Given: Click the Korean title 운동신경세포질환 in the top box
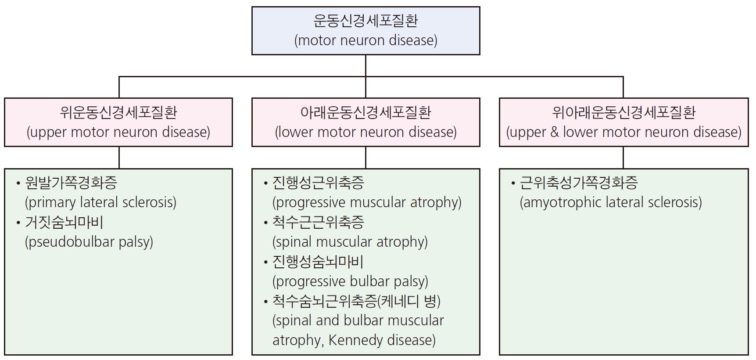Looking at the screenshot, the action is (x=365, y=21).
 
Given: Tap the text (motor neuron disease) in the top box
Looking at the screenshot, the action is (x=365, y=40).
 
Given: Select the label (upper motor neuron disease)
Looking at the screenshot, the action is (x=118, y=132).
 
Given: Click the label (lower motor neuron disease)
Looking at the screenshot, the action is (x=365, y=132).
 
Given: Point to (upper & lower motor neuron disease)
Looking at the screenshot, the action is (x=623, y=132).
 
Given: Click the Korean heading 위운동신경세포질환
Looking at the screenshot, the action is (x=118, y=112).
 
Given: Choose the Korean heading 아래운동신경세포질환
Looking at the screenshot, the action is (x=365, y=112).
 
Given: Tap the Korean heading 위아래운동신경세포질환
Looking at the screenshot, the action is (x=623, y=112).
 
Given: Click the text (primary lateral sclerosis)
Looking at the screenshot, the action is (x=101, y=202).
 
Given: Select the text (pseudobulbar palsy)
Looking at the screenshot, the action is (x=89, y=242).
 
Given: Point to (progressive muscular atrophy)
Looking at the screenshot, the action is (x=367, y=202).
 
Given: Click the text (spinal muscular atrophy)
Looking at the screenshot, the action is (x=350, y=242).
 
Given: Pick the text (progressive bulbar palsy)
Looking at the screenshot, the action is (x=351, y=281).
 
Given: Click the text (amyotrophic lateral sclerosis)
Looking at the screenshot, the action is (x=611, y=202).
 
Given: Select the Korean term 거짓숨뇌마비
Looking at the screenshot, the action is (x=64, y=223).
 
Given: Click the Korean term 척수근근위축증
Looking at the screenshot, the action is (x=318, y=223).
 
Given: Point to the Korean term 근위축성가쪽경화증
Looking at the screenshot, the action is (x=579, y=183).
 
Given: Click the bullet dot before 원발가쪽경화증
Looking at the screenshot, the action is (x=18, y=183).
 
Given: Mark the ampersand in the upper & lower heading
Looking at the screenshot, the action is (x=555, y=132).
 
